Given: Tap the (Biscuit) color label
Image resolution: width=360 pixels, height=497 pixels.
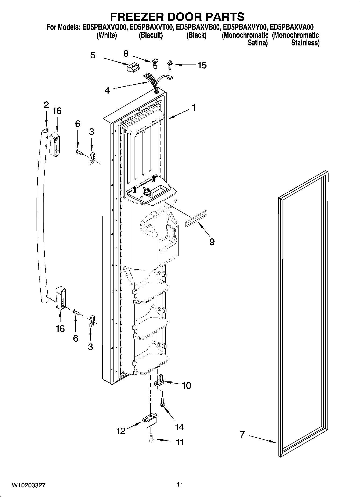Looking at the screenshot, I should [151, 35].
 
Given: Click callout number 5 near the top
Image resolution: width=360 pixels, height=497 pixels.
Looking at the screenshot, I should [93, 55].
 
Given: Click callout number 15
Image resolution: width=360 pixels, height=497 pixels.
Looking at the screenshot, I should [202, 65].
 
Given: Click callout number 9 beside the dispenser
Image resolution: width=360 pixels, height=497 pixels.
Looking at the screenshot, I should [212, 242].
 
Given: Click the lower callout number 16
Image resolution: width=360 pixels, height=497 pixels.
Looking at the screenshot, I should [60, 328].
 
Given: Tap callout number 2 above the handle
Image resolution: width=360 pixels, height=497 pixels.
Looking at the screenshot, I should [46, 105].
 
